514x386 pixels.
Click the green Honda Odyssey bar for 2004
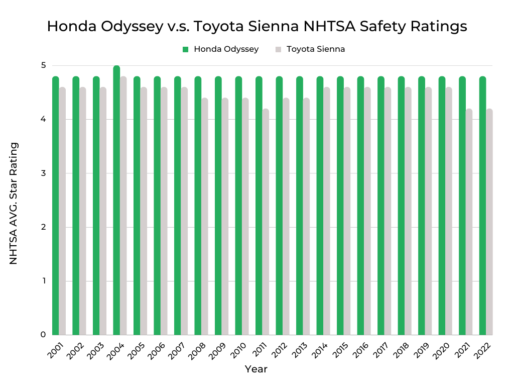point(116,201)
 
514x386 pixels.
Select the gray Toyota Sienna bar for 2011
point(266,221)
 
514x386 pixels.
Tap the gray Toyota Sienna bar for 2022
point(489,221)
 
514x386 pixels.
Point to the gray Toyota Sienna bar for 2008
point(205,216)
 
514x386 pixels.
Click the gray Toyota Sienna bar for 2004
point(123,206)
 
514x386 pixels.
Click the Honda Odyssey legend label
point(226,49)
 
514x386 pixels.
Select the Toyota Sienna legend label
point(316,49)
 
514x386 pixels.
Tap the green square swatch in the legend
point(185,49)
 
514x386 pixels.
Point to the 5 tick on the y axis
point(44,65)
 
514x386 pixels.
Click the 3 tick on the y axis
point(44,173)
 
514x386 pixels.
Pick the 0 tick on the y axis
point(44,334)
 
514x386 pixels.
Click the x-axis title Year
point(256,369)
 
